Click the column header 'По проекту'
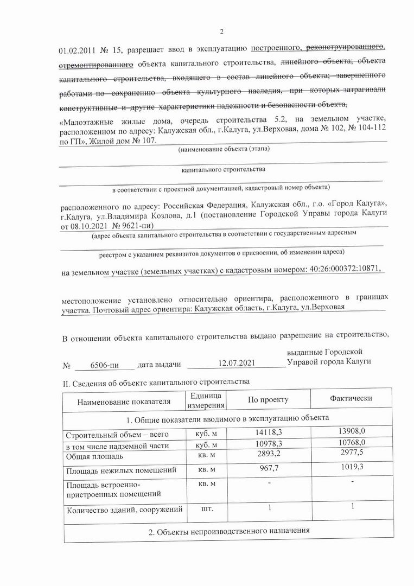(268, 400)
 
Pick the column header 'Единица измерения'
(206, 400)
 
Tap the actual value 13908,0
(351, 431)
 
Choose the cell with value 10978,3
(269, 444)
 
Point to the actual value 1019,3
(351, 467)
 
